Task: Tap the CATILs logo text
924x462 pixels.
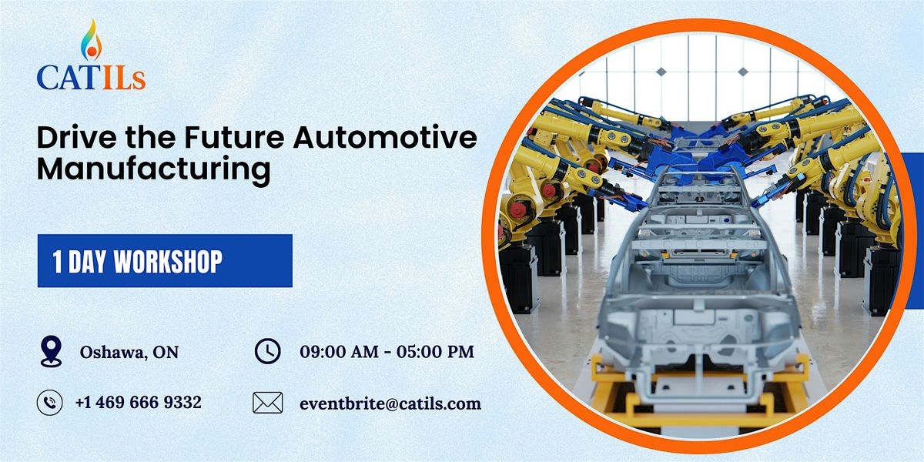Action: click(x=91, y=78)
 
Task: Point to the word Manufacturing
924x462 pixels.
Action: click(x=154, y=170)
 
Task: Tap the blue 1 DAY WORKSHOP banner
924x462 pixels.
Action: click(x=165, y=261)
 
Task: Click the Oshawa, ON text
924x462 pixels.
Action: click(x=129, y=353)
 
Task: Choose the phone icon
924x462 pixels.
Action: click(x=50, y=402)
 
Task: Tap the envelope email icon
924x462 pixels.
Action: click(x=267, y=403)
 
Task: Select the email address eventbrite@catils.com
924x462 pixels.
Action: click(x=390, y=403)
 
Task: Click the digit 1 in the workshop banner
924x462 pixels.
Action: click(x=58, y=262)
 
